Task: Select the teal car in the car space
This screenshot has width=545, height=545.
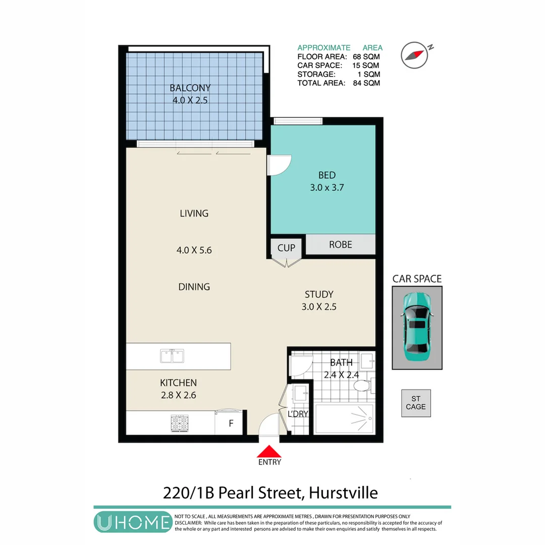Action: [417, 326]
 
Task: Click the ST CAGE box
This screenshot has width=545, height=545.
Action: [416, 403]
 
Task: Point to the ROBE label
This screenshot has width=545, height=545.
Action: [340, 245]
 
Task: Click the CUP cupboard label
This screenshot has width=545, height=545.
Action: [286, 248]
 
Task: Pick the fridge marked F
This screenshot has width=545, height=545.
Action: [231, 423]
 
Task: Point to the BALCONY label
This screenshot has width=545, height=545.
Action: [190, 88]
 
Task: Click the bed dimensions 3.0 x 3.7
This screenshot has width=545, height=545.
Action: [326, 188]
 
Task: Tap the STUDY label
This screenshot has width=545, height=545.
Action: [319, 294]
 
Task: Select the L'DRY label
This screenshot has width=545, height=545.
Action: [298, 414]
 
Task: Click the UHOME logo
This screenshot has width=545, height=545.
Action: [133, 522]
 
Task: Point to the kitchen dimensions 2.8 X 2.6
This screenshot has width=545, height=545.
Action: [178, 395]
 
